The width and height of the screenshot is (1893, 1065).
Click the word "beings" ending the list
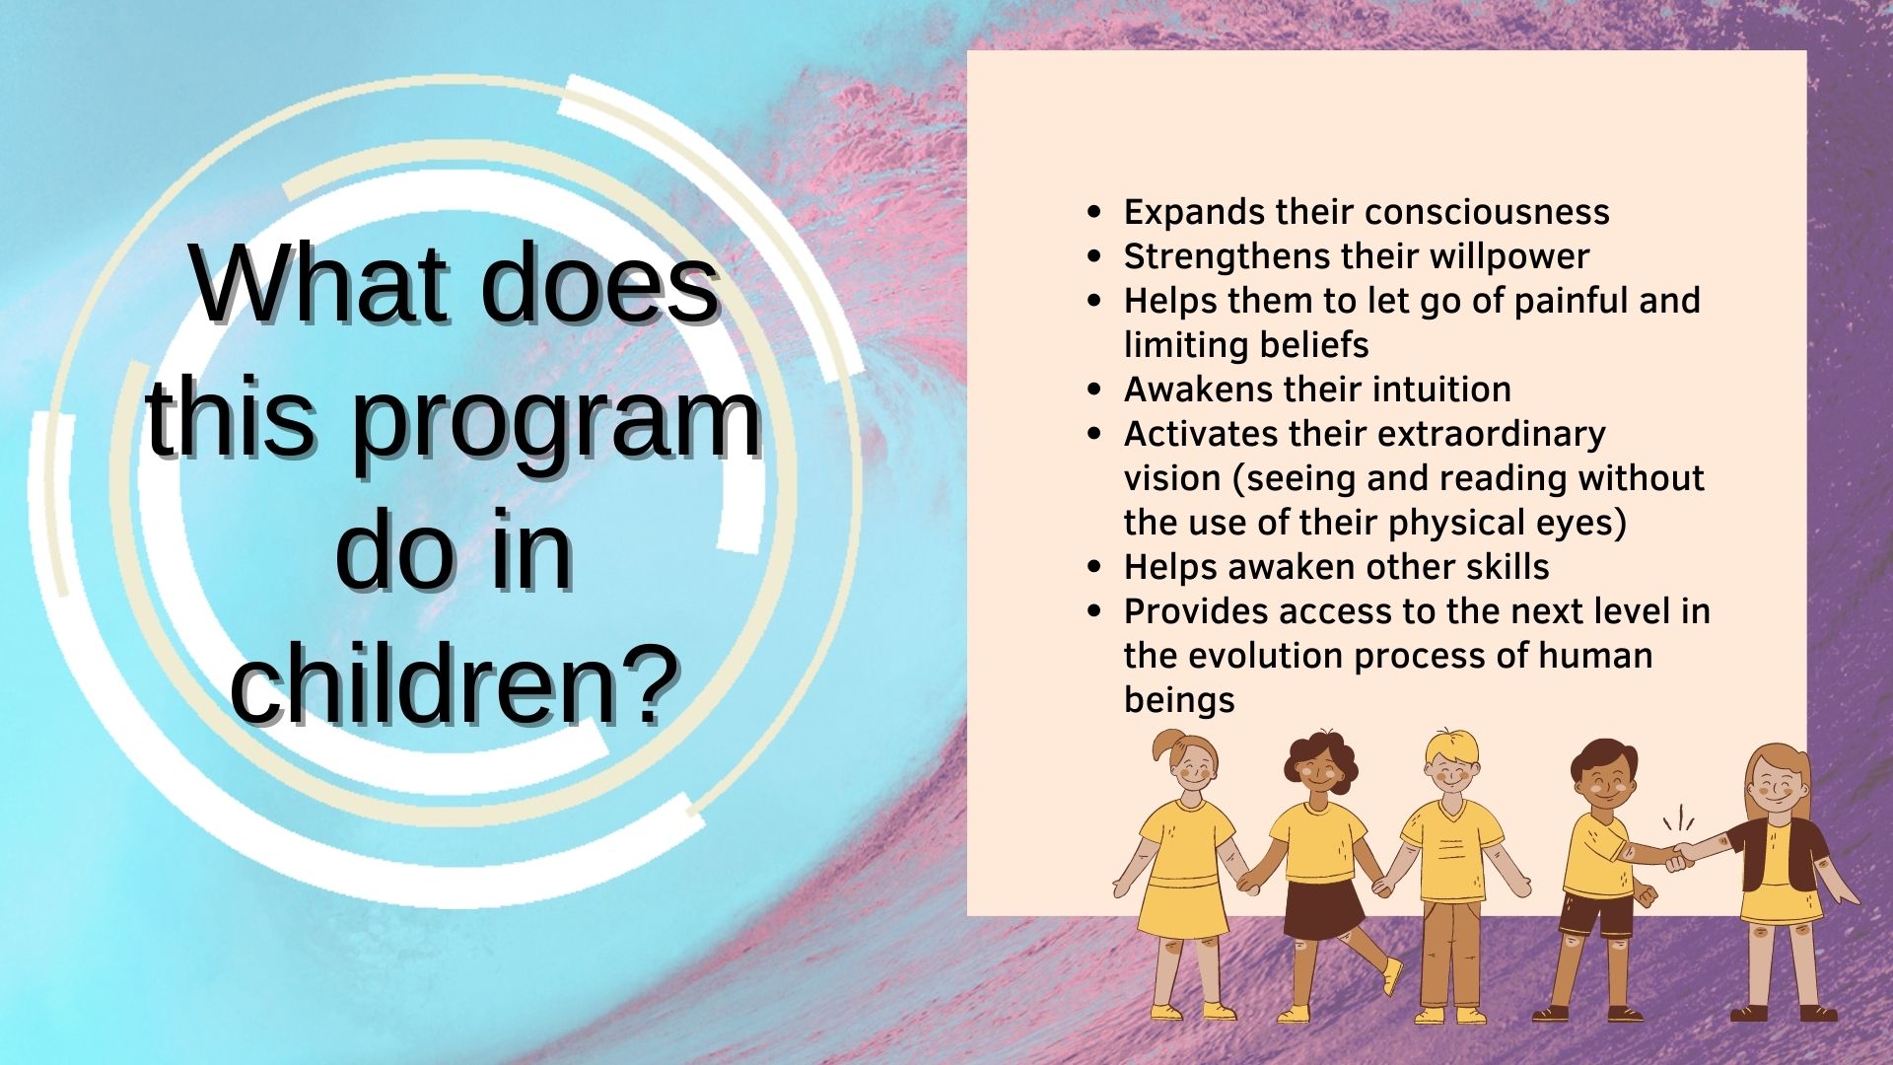(1179, 701)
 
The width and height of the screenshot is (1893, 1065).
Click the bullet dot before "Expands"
(1093, 212)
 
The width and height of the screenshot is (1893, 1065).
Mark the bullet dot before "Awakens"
(1093, 390)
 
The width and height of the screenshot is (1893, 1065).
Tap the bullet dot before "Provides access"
(1093, 611)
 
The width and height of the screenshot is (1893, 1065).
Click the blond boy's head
(1451, 764)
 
